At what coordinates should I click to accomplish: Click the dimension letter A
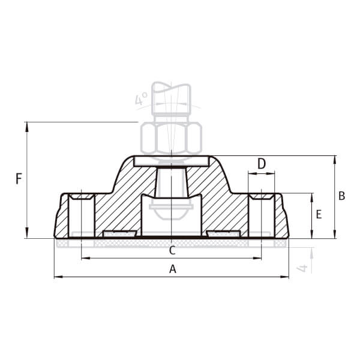(173, 269)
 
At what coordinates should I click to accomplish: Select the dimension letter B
(341, 196)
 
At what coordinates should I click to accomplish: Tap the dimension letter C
(172, 250)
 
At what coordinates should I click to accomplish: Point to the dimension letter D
(262, 164)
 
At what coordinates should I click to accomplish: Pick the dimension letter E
(319, 214)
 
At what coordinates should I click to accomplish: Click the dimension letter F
(19, 179)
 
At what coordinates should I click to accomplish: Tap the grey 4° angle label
(141, 98)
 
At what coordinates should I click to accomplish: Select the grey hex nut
(171, 138)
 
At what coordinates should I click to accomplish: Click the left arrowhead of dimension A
(58, 277)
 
